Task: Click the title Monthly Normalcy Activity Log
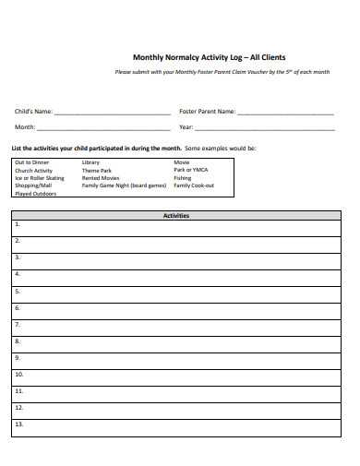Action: tap(209, 56)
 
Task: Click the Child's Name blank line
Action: tap(113, 113)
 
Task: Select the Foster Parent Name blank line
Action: tap(285, 113)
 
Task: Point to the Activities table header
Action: tap(176, 215)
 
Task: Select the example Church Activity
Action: tap(33, 171)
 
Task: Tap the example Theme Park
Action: tap(97, 171)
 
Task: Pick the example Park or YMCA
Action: tap(191, 171)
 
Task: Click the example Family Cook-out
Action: tap(194, 185)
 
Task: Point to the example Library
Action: tap(90, 162)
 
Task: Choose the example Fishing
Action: tap(183, 178)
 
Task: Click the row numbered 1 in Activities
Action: tap(176, 225)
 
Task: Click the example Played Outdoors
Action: tap(35, 194)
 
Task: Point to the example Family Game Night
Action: tap(124, 185)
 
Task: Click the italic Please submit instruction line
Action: tap(222, 72)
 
